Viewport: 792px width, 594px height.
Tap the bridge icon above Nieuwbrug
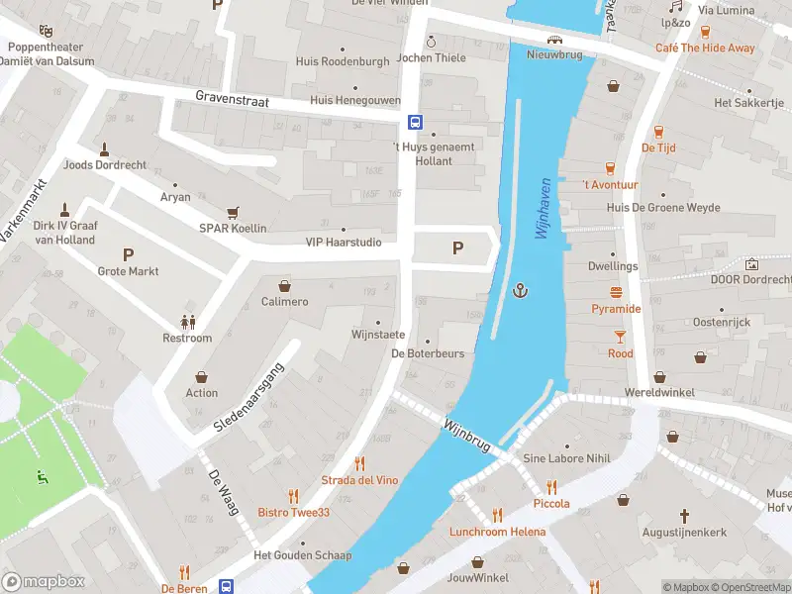[x=556, y=40]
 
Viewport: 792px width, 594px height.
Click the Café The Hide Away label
[x=705, y=48]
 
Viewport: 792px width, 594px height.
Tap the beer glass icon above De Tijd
[x=658, y=131]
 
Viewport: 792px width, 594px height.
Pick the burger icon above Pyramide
[x=617, y=292]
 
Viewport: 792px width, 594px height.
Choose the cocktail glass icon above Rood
[x=620, y=337]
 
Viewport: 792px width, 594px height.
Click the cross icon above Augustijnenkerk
[x=684, y=516]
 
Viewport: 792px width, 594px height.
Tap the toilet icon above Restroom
[x=187, y=321]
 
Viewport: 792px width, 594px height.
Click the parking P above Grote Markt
[x=128, y=254]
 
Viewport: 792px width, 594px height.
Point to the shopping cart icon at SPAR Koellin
[x=233, y=212]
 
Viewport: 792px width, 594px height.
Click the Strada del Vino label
[x=359, y=480]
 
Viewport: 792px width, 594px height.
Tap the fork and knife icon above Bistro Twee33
[x=293, y=495]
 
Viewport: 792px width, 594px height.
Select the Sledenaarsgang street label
[x=248, y=397]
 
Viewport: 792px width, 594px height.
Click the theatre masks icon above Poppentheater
[x=44, y=30]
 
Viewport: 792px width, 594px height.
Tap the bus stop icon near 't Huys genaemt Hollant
[x=415, y=123]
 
